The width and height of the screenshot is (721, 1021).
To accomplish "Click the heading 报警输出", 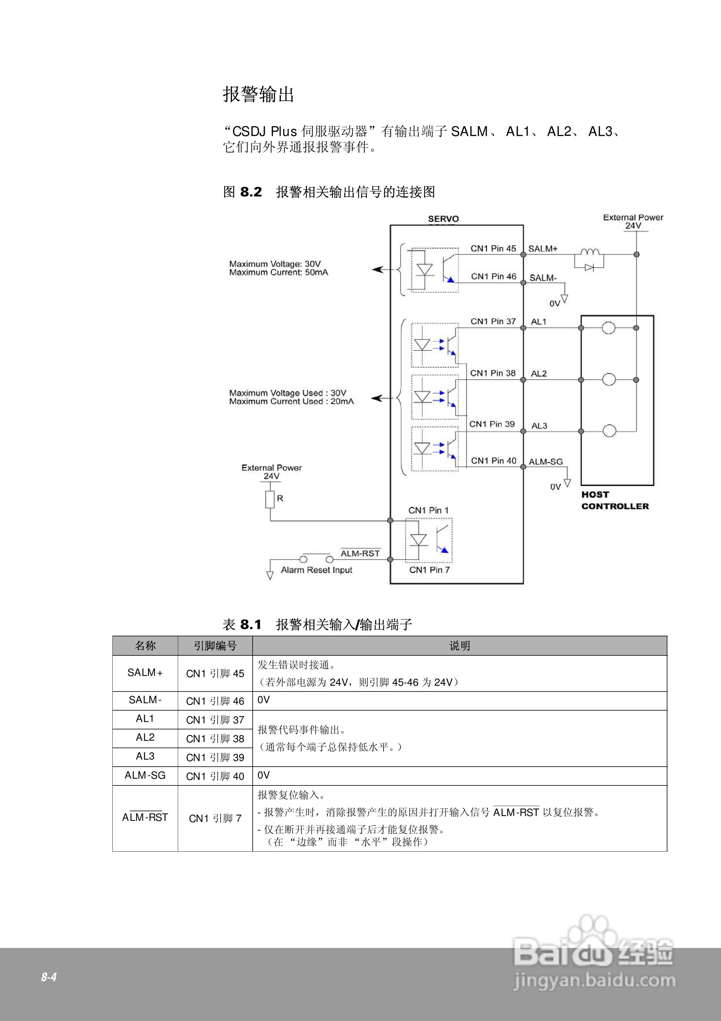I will point(258,94).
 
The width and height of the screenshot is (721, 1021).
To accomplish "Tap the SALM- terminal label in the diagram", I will point(543,278).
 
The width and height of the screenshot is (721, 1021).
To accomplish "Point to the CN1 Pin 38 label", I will point(493,373).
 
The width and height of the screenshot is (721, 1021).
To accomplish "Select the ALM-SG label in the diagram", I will point(545,462).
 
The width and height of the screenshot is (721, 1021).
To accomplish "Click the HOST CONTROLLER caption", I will point(615,500).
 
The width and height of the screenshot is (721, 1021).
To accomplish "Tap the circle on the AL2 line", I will point(609,380).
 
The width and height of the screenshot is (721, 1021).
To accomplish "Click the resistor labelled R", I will point(270,499).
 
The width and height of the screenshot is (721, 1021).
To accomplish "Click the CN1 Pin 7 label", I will point(429,570).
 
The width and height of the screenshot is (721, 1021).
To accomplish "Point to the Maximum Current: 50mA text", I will point(279,272).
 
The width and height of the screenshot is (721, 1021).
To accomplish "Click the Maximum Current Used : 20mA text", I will point(292,401).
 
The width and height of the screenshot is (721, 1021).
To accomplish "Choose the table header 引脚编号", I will point(215,646).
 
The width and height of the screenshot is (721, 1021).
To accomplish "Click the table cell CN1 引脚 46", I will point(215,701).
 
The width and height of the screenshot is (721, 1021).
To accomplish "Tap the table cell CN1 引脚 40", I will point(215,776).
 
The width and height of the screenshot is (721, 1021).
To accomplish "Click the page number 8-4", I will point(49,977).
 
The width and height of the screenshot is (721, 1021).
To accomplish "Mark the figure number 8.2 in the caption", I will point(251,192).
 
